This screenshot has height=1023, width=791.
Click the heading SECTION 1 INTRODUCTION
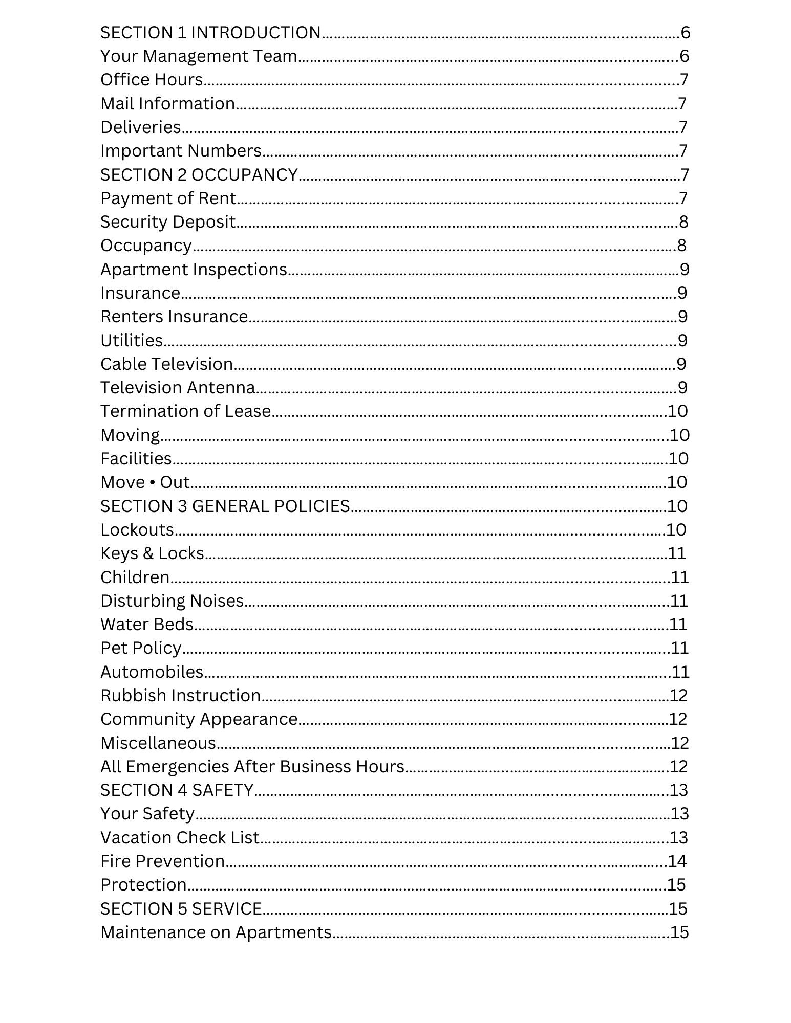[x=210, y=33]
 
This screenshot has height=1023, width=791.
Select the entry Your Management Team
[x=199, y=56]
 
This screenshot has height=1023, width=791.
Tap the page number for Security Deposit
[x=683, y=222]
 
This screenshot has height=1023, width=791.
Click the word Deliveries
[x=141, y=127]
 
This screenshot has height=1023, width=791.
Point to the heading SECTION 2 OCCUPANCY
[x=199, y=175]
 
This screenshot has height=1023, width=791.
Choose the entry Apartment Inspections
[x=194, y=270]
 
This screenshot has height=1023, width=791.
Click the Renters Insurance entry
[x=174, y=317]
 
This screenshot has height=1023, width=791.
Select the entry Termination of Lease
[x=185, y=411]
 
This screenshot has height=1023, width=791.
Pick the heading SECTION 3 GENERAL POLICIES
[x=225, y=506]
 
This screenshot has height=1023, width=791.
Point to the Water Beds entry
[x=147, y=625]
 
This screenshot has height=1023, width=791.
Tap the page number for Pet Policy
[x=679, y=648]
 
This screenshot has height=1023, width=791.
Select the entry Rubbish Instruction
[x=181, y=696]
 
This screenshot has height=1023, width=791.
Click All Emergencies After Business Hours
[x=252, y=767]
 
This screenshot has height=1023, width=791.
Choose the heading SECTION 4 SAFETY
[x=177, y=790]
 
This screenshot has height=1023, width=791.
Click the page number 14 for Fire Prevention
[x=677, y=861]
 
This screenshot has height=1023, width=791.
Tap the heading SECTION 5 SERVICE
[x=181, y=909]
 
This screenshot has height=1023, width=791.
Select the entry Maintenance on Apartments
[x=216, y=932]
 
